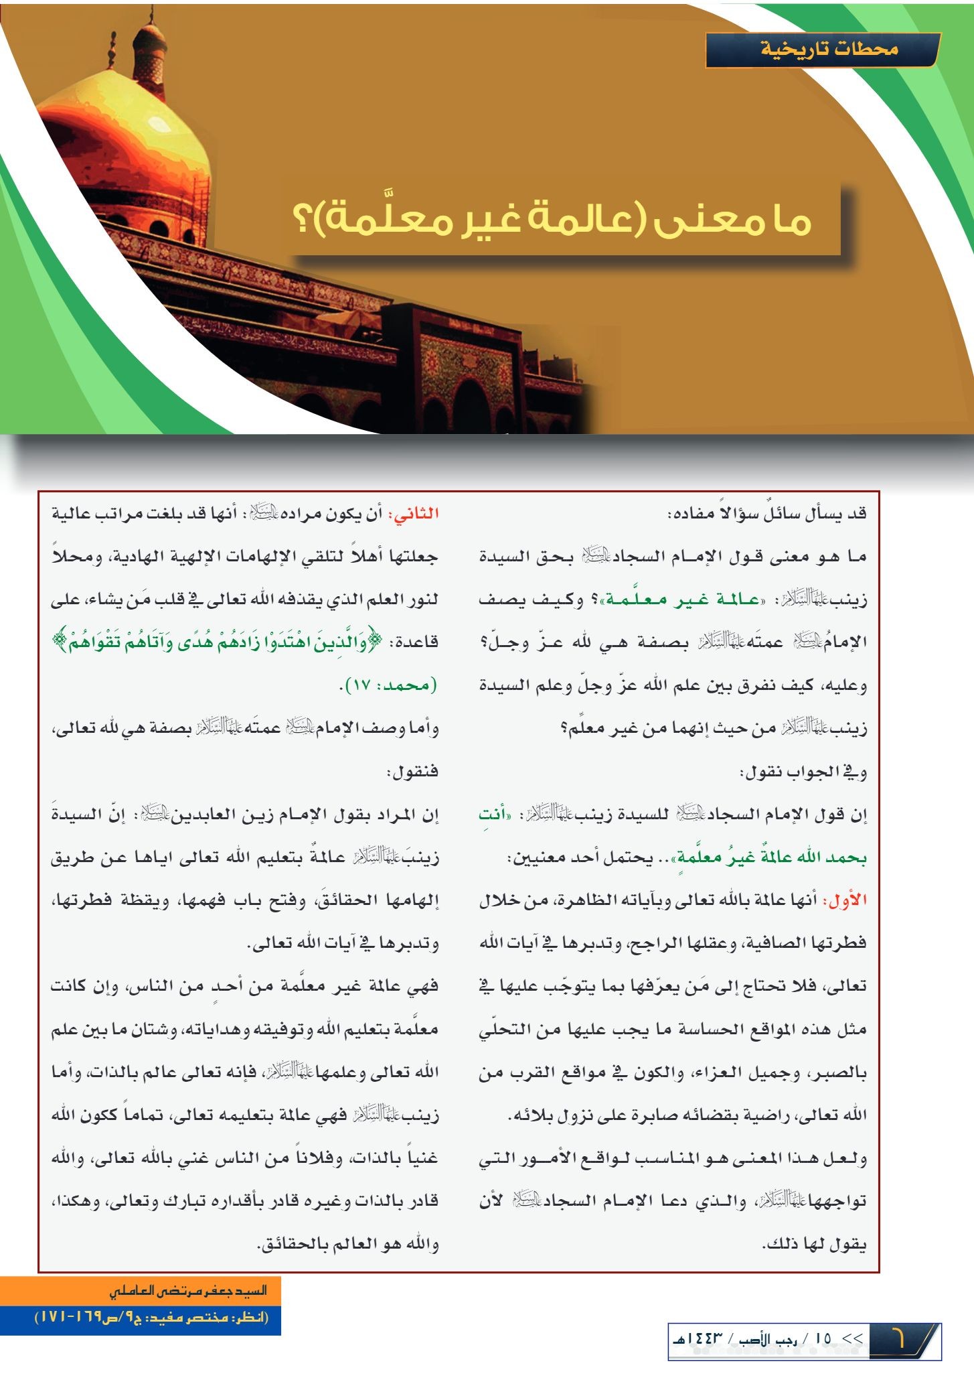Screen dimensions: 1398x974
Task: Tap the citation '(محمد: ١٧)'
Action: (389, 686)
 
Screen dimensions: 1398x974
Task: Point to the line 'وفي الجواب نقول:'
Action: (803, 772)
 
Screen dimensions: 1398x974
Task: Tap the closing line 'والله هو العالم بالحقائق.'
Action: (348, 1244)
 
